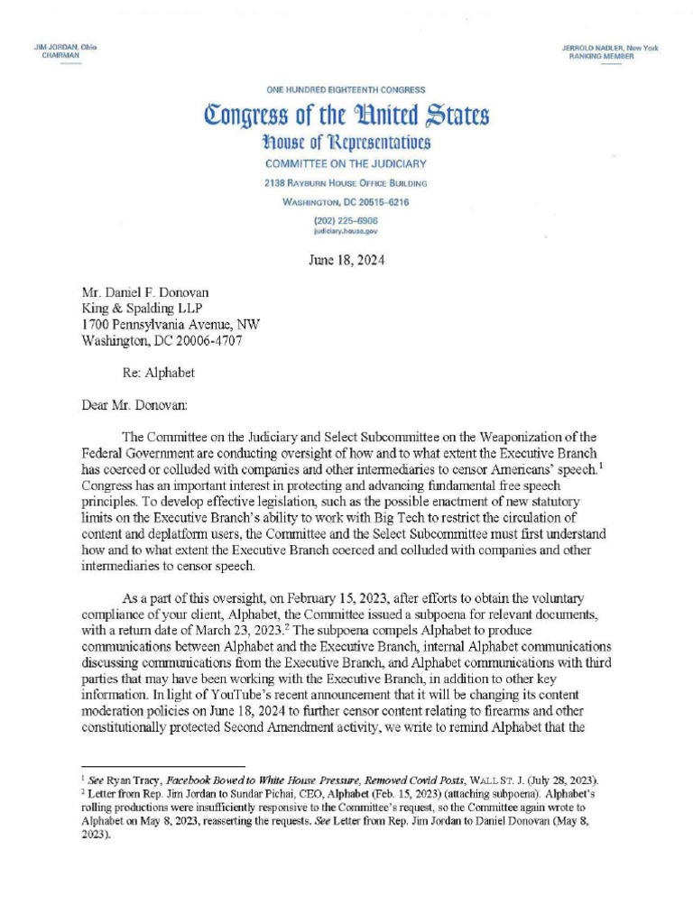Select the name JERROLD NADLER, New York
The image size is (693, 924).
click(610, 46)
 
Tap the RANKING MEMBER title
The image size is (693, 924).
click(601, 56)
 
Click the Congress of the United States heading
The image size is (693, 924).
click(346, 116)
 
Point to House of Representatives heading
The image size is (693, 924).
click(346, 143)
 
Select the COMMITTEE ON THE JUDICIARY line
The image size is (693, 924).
click(346, 164)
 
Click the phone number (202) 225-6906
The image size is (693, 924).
click(346, 220)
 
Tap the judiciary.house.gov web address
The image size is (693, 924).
click(346, 231)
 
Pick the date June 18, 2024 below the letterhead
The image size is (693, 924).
click(346, 262)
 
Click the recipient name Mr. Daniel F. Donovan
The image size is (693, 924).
click(144, 293)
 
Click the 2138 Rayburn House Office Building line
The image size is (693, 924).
click(346, 183)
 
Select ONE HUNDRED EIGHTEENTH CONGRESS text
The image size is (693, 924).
click(346, 89)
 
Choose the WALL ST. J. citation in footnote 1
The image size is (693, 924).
click(503, 779)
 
